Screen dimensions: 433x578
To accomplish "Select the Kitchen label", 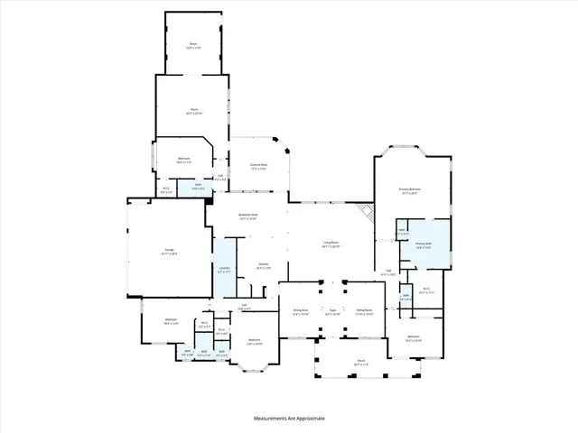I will (x=262, y=265).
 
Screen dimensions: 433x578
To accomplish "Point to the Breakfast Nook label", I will (x=248, y=216).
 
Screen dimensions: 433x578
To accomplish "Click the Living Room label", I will (x=331, y=244).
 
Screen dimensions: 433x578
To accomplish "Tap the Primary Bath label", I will (x=423, y=244).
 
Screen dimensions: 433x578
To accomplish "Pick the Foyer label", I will (x=332, y=311).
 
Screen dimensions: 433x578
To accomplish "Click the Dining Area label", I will (x=300, y=311).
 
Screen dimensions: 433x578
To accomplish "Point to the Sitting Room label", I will (x=365, y=311).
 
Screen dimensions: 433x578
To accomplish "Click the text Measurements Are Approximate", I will (x=288, y=419).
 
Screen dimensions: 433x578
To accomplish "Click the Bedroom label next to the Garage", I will (x=171, y=321).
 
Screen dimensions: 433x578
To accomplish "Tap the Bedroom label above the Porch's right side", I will (x=413, y=339).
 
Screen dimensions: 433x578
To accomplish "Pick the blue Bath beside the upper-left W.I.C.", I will (x=198, y=188).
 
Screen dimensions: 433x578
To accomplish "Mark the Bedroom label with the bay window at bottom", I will (x=255, y=342).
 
